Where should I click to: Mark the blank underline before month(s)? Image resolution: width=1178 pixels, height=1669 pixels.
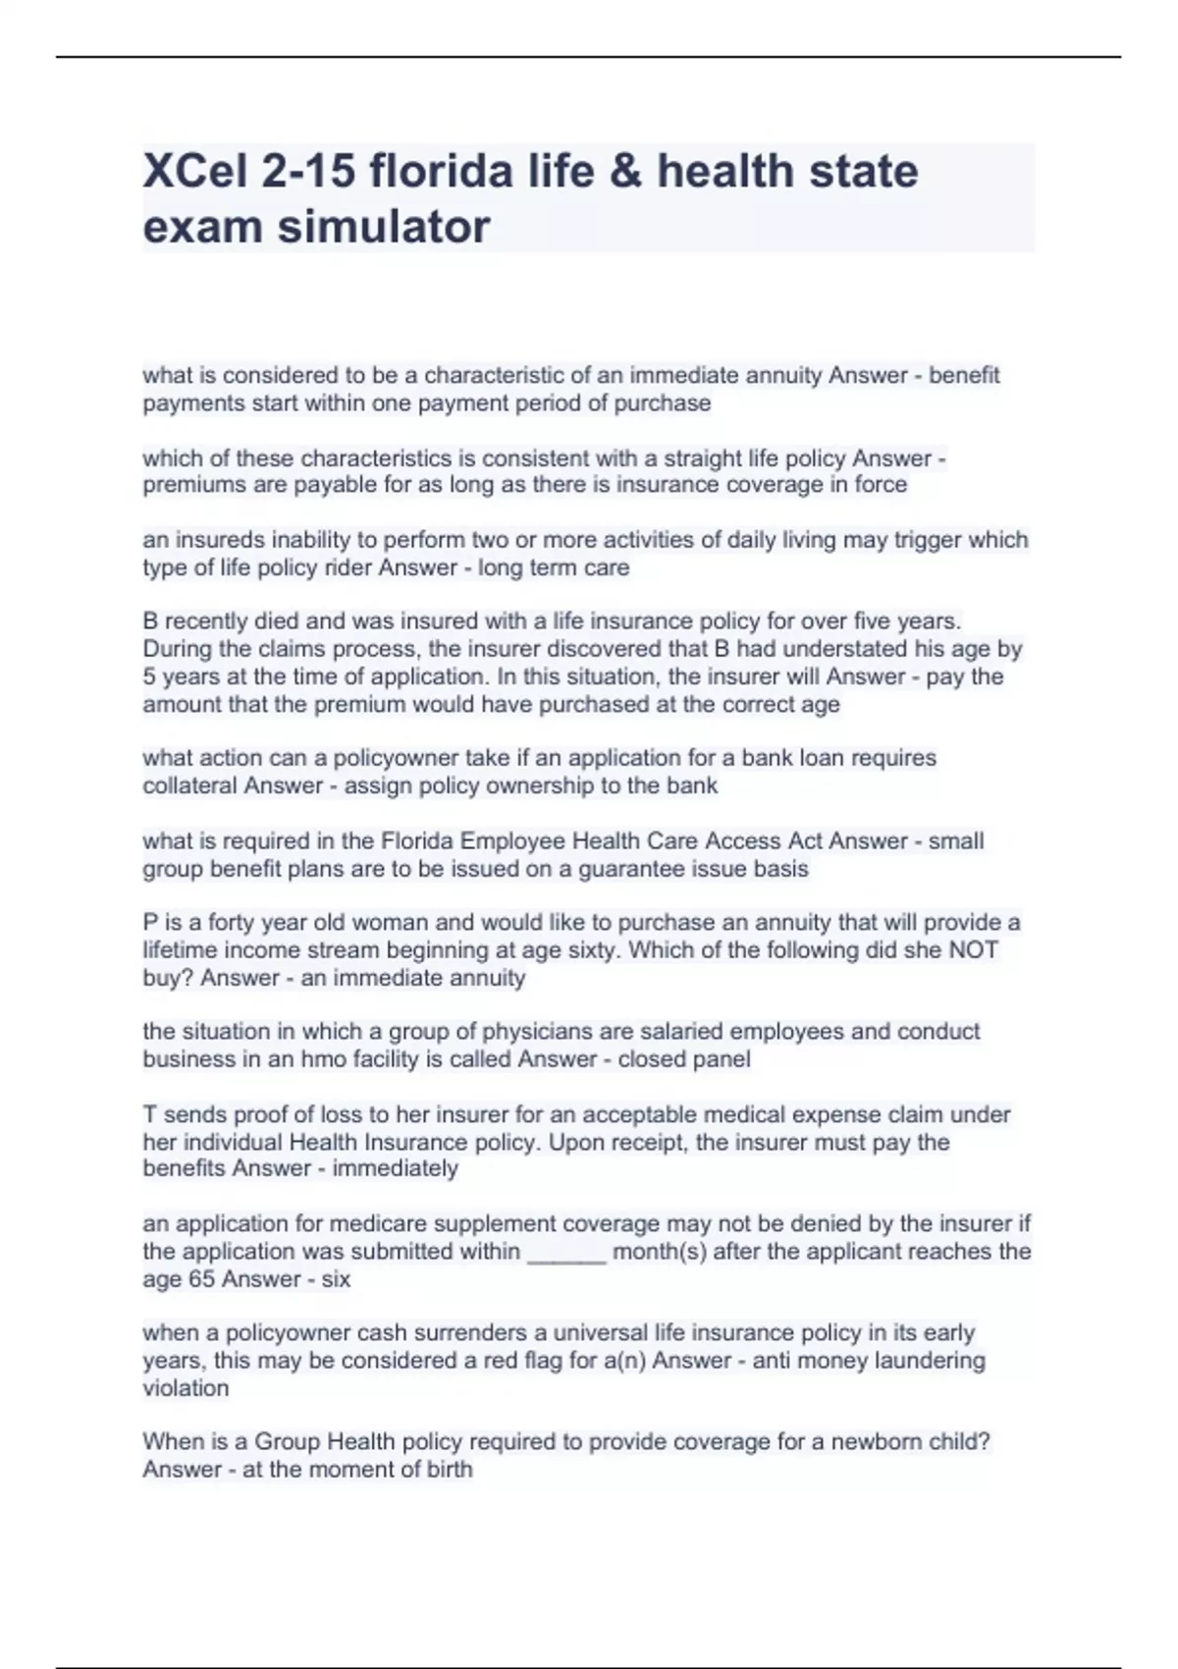click(566, 1255)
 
